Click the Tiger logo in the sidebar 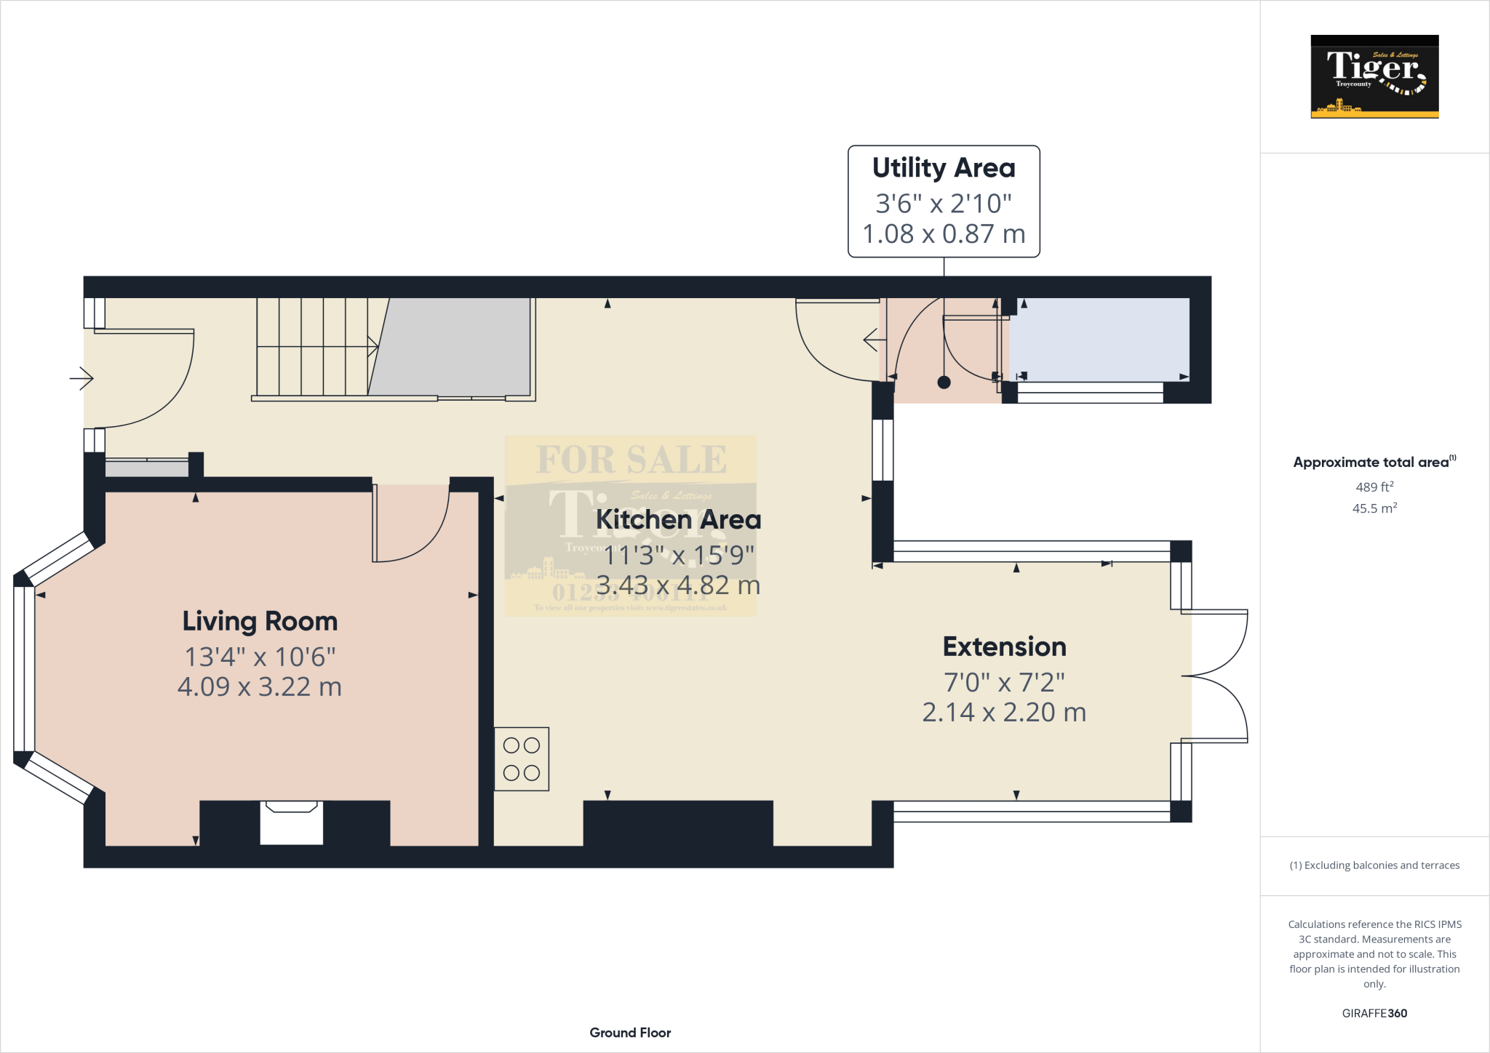[x=1374, y=76]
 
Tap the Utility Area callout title [x=944, y=168]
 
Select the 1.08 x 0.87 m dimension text [x=944, y=234]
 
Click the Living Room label [x=260, y=622]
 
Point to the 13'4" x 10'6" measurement [x=260, y=657]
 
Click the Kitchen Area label [x=678, y=520]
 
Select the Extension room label [x=1004, y=646]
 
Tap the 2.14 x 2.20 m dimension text [x=1004, y=712]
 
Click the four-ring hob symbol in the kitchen [x=522, y=759]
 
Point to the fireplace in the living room [x=291, y=822]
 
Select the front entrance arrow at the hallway [x=81, y=378]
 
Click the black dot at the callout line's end [x=944, y=383]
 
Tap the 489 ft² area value [x=1374, y=487]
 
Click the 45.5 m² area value [x=1374, y=508]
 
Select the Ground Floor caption [x=630, y=1033]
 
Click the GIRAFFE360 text [x=1374, y=1013]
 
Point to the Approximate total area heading [x=1371, y=463]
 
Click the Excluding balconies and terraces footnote [x=1374, y=865]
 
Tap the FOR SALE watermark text [x=631, y=460]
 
